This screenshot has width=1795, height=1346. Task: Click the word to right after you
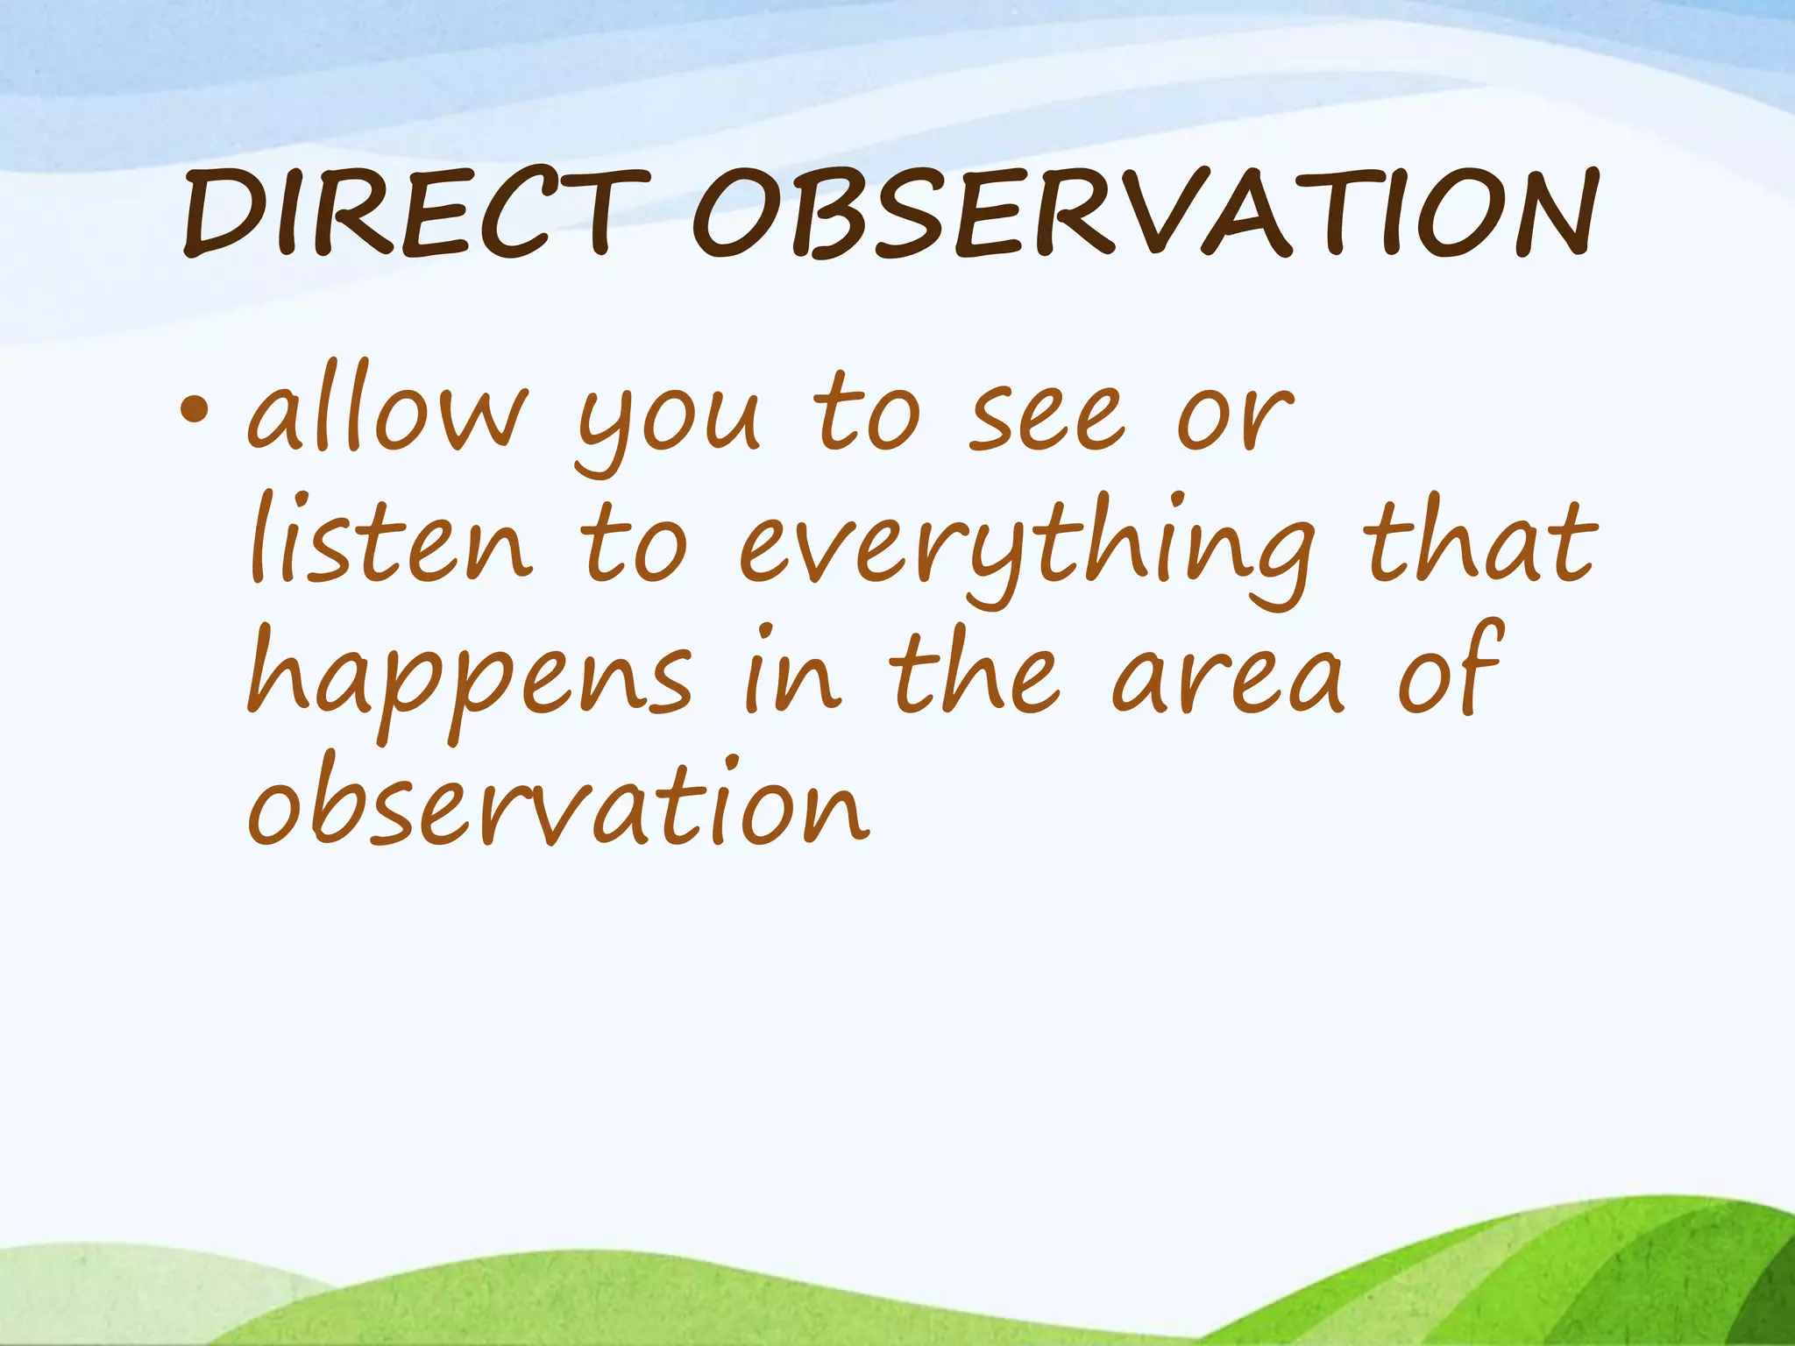point(868,412)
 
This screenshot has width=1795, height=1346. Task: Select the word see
point(1047,416)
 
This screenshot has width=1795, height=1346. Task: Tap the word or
point(1235,419)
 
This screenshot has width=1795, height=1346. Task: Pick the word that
point(1480,543)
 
